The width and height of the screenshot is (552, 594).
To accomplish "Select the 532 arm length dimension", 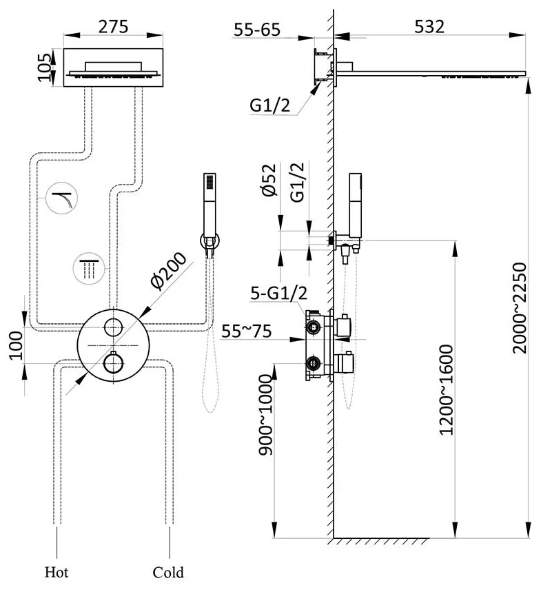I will tap(429, 26).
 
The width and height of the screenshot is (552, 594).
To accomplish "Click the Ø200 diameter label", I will tap(166, 273).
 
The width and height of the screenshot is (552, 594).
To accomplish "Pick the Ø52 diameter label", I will tap(270, 181).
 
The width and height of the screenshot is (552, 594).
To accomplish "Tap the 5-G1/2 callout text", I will tap(278, 293).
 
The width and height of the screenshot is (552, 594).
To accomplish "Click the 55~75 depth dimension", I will tap(246, 331).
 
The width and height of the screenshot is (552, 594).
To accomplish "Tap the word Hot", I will tap(57, 572).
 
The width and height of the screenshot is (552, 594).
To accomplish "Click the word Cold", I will tap(168, 572).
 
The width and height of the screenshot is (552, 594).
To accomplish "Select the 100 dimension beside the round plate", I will tap(16, 345).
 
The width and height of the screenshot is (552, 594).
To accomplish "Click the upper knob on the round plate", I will tap(112, 327).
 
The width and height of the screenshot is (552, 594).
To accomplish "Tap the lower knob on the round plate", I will tap(112, 361).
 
